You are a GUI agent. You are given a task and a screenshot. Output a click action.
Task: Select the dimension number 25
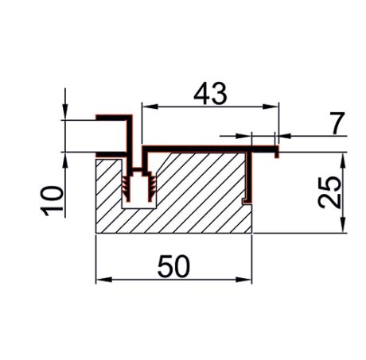[331, 192]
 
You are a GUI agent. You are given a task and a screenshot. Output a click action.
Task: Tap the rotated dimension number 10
[51, 199]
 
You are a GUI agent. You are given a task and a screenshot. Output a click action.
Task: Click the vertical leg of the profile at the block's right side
[251, 175]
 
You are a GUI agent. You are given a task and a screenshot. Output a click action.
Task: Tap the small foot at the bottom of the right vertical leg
[247, 199]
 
